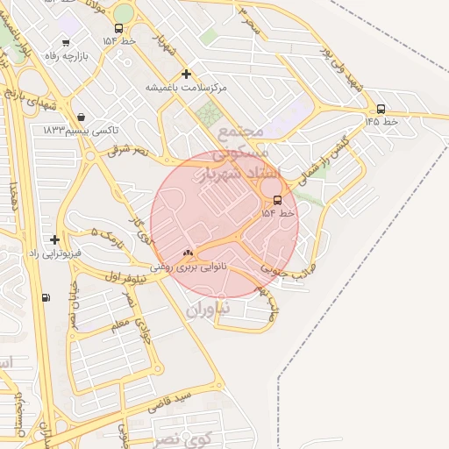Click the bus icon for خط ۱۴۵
(x=381, y=110)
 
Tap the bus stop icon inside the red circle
(x=278, y=200)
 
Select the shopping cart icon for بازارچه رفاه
(x=67, y=43)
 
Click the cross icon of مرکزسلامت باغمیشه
(x=185, y=75)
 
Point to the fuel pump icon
(x=46, y=297)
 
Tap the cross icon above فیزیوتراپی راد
(x=55, y=239)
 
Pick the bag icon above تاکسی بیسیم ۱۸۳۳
(x=81, y=117)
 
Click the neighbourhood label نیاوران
(x=208, y=308)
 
